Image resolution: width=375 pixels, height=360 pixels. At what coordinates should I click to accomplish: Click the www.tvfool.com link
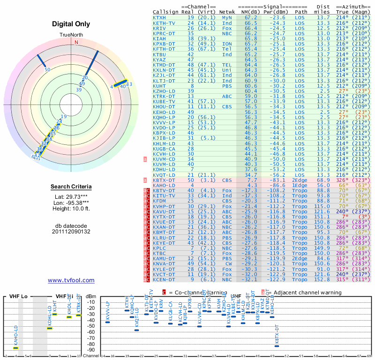[x=71, y=280]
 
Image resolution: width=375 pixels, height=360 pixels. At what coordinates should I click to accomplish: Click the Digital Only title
[x=71, y=24]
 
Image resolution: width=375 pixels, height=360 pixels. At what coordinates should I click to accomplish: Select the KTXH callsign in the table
[x=159, y=17]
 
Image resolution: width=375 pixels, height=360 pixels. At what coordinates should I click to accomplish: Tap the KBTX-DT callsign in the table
[x=164, y=180]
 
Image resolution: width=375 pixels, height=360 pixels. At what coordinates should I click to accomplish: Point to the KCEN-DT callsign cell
[x=164, y=279]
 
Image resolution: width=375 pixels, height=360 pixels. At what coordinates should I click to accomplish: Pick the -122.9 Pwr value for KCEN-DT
[x=277, y=279]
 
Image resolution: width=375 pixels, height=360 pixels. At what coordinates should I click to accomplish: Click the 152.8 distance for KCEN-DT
[x=323, y=279]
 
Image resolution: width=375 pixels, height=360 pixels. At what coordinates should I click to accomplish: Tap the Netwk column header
[x=227, y=12]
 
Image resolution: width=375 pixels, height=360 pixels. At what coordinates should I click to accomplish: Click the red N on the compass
[x=76, y=42]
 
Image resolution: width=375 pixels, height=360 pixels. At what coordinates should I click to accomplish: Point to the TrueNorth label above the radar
[x=71, y=35]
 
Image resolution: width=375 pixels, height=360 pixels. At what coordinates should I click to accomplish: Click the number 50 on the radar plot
[x=47, y=69]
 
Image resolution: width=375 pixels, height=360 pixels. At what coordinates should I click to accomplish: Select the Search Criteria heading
[x=71, y=187]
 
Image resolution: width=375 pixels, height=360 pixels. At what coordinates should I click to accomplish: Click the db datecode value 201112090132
[x=71, y=232]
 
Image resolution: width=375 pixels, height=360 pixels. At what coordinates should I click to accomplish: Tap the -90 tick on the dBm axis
[x=91, y=350]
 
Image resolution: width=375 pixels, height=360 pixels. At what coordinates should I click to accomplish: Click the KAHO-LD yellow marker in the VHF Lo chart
[x=15, y=348]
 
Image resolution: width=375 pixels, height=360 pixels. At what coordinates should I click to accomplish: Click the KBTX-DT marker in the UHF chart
[x=277, y=345]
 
